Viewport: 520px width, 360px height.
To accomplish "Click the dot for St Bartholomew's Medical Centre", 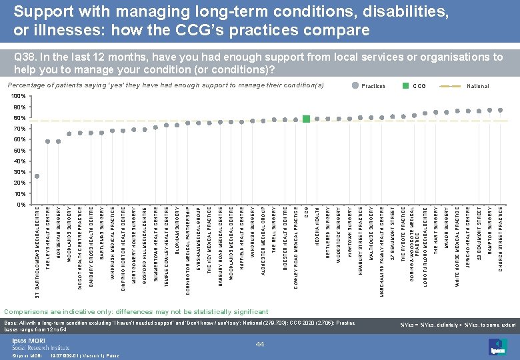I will [x=37, y=177].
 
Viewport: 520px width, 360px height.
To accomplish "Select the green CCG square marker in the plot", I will [x=306, y=119].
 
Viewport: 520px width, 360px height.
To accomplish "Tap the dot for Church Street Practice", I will [x=501, y=110].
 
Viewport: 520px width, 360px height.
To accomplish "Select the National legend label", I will [x=478, y=86].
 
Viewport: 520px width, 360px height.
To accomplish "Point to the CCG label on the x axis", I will [x=306, y=213].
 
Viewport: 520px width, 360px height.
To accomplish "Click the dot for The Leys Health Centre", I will [x=48, y=141].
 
